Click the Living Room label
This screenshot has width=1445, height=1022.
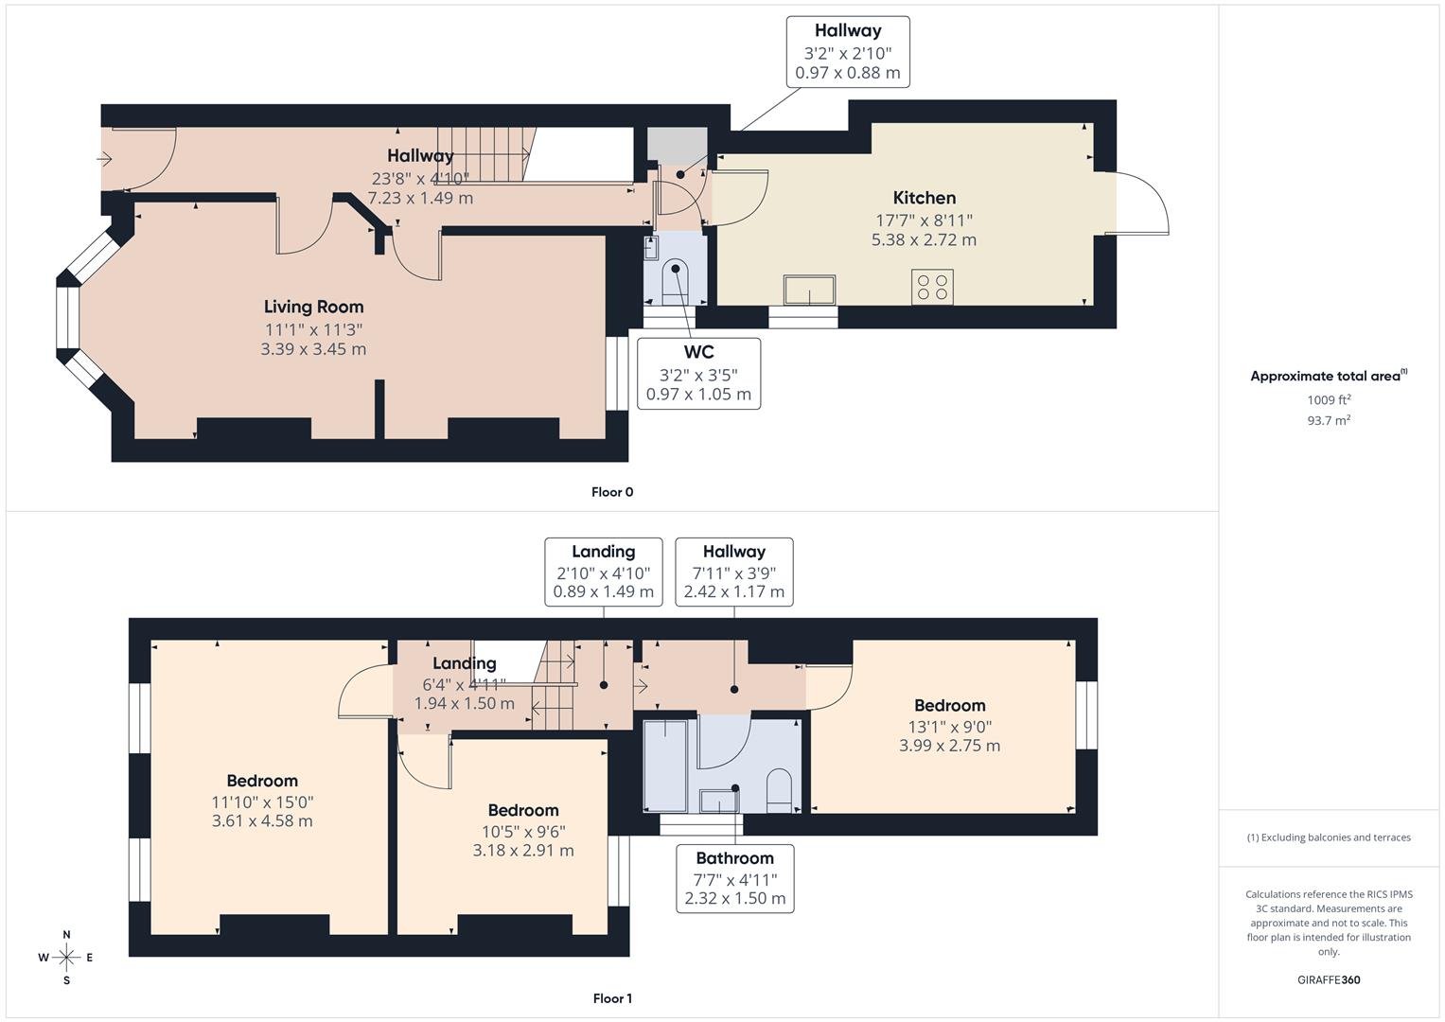313,307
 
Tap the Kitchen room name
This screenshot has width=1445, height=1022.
924,198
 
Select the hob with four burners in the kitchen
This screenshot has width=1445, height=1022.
931,287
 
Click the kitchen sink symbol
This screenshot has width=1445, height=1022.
809,290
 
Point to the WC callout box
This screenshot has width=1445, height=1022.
698,373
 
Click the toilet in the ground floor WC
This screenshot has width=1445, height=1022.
676,281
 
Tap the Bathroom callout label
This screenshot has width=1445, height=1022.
734,858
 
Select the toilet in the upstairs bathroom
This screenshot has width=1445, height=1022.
778,790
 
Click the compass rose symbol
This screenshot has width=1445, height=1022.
66,958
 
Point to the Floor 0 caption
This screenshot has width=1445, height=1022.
611,492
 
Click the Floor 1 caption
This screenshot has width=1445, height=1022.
611,998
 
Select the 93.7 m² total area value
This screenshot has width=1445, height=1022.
1328,421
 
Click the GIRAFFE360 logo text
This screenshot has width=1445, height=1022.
1328,979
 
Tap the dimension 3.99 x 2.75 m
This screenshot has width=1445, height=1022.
949,746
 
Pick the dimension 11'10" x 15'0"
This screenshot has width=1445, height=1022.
262,802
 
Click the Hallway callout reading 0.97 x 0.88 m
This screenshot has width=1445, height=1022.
848,52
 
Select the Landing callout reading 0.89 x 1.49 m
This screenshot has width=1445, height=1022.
603,573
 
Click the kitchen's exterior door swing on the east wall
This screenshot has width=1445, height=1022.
1143,203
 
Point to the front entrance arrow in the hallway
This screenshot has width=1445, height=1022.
105,159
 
